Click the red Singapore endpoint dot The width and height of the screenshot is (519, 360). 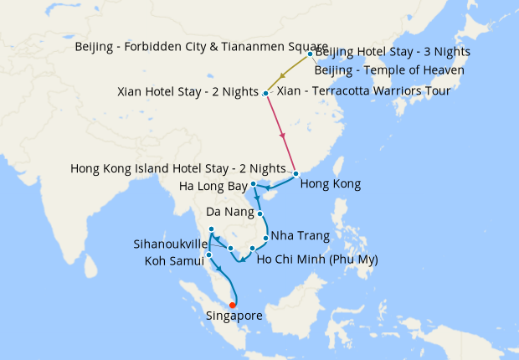(x=232, y=305)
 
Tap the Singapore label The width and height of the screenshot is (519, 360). (x=234, y=316)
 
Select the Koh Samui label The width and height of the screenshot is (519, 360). (x=174, y=262)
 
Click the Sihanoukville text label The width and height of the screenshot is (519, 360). (x=171, y=245)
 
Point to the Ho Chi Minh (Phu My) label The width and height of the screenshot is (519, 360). (x=317, y=260)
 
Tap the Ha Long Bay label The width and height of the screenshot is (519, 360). (x=213, y=185)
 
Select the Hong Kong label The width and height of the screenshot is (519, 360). (x=330, y=183)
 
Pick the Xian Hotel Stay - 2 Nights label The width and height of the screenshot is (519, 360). (x=188, y=92)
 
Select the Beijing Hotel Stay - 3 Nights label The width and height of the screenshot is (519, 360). (x=393, y=52)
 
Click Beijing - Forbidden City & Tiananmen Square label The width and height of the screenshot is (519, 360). (x=190, y=46)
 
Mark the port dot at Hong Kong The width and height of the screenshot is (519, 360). (x=295, y=174)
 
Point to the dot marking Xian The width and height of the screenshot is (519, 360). (x=266, y=93)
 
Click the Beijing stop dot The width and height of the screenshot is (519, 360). (x=311, y=55)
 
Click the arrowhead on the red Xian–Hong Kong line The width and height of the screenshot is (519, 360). (x=283, y=135)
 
